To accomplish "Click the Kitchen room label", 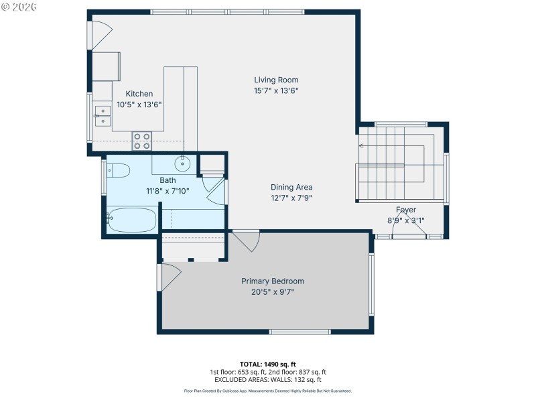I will (139, 94).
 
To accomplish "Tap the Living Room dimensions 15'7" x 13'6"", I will (276, 90).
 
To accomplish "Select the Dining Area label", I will (291, 188).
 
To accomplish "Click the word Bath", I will (167, 180).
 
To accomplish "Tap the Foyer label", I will (406, 210).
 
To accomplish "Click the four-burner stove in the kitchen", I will (142, 141).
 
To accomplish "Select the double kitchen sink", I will (103, 116).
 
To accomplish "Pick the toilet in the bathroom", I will (120, 172).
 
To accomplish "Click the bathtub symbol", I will (132, 220).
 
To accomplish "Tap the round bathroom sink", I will (183, 163).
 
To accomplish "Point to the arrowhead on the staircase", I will (362, 145).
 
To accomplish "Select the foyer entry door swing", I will (409, 230).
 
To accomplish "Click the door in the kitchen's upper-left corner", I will (101, 33).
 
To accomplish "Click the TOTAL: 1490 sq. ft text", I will (268, 364).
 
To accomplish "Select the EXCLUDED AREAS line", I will (268, 380).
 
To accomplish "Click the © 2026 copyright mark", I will (19, 7).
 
